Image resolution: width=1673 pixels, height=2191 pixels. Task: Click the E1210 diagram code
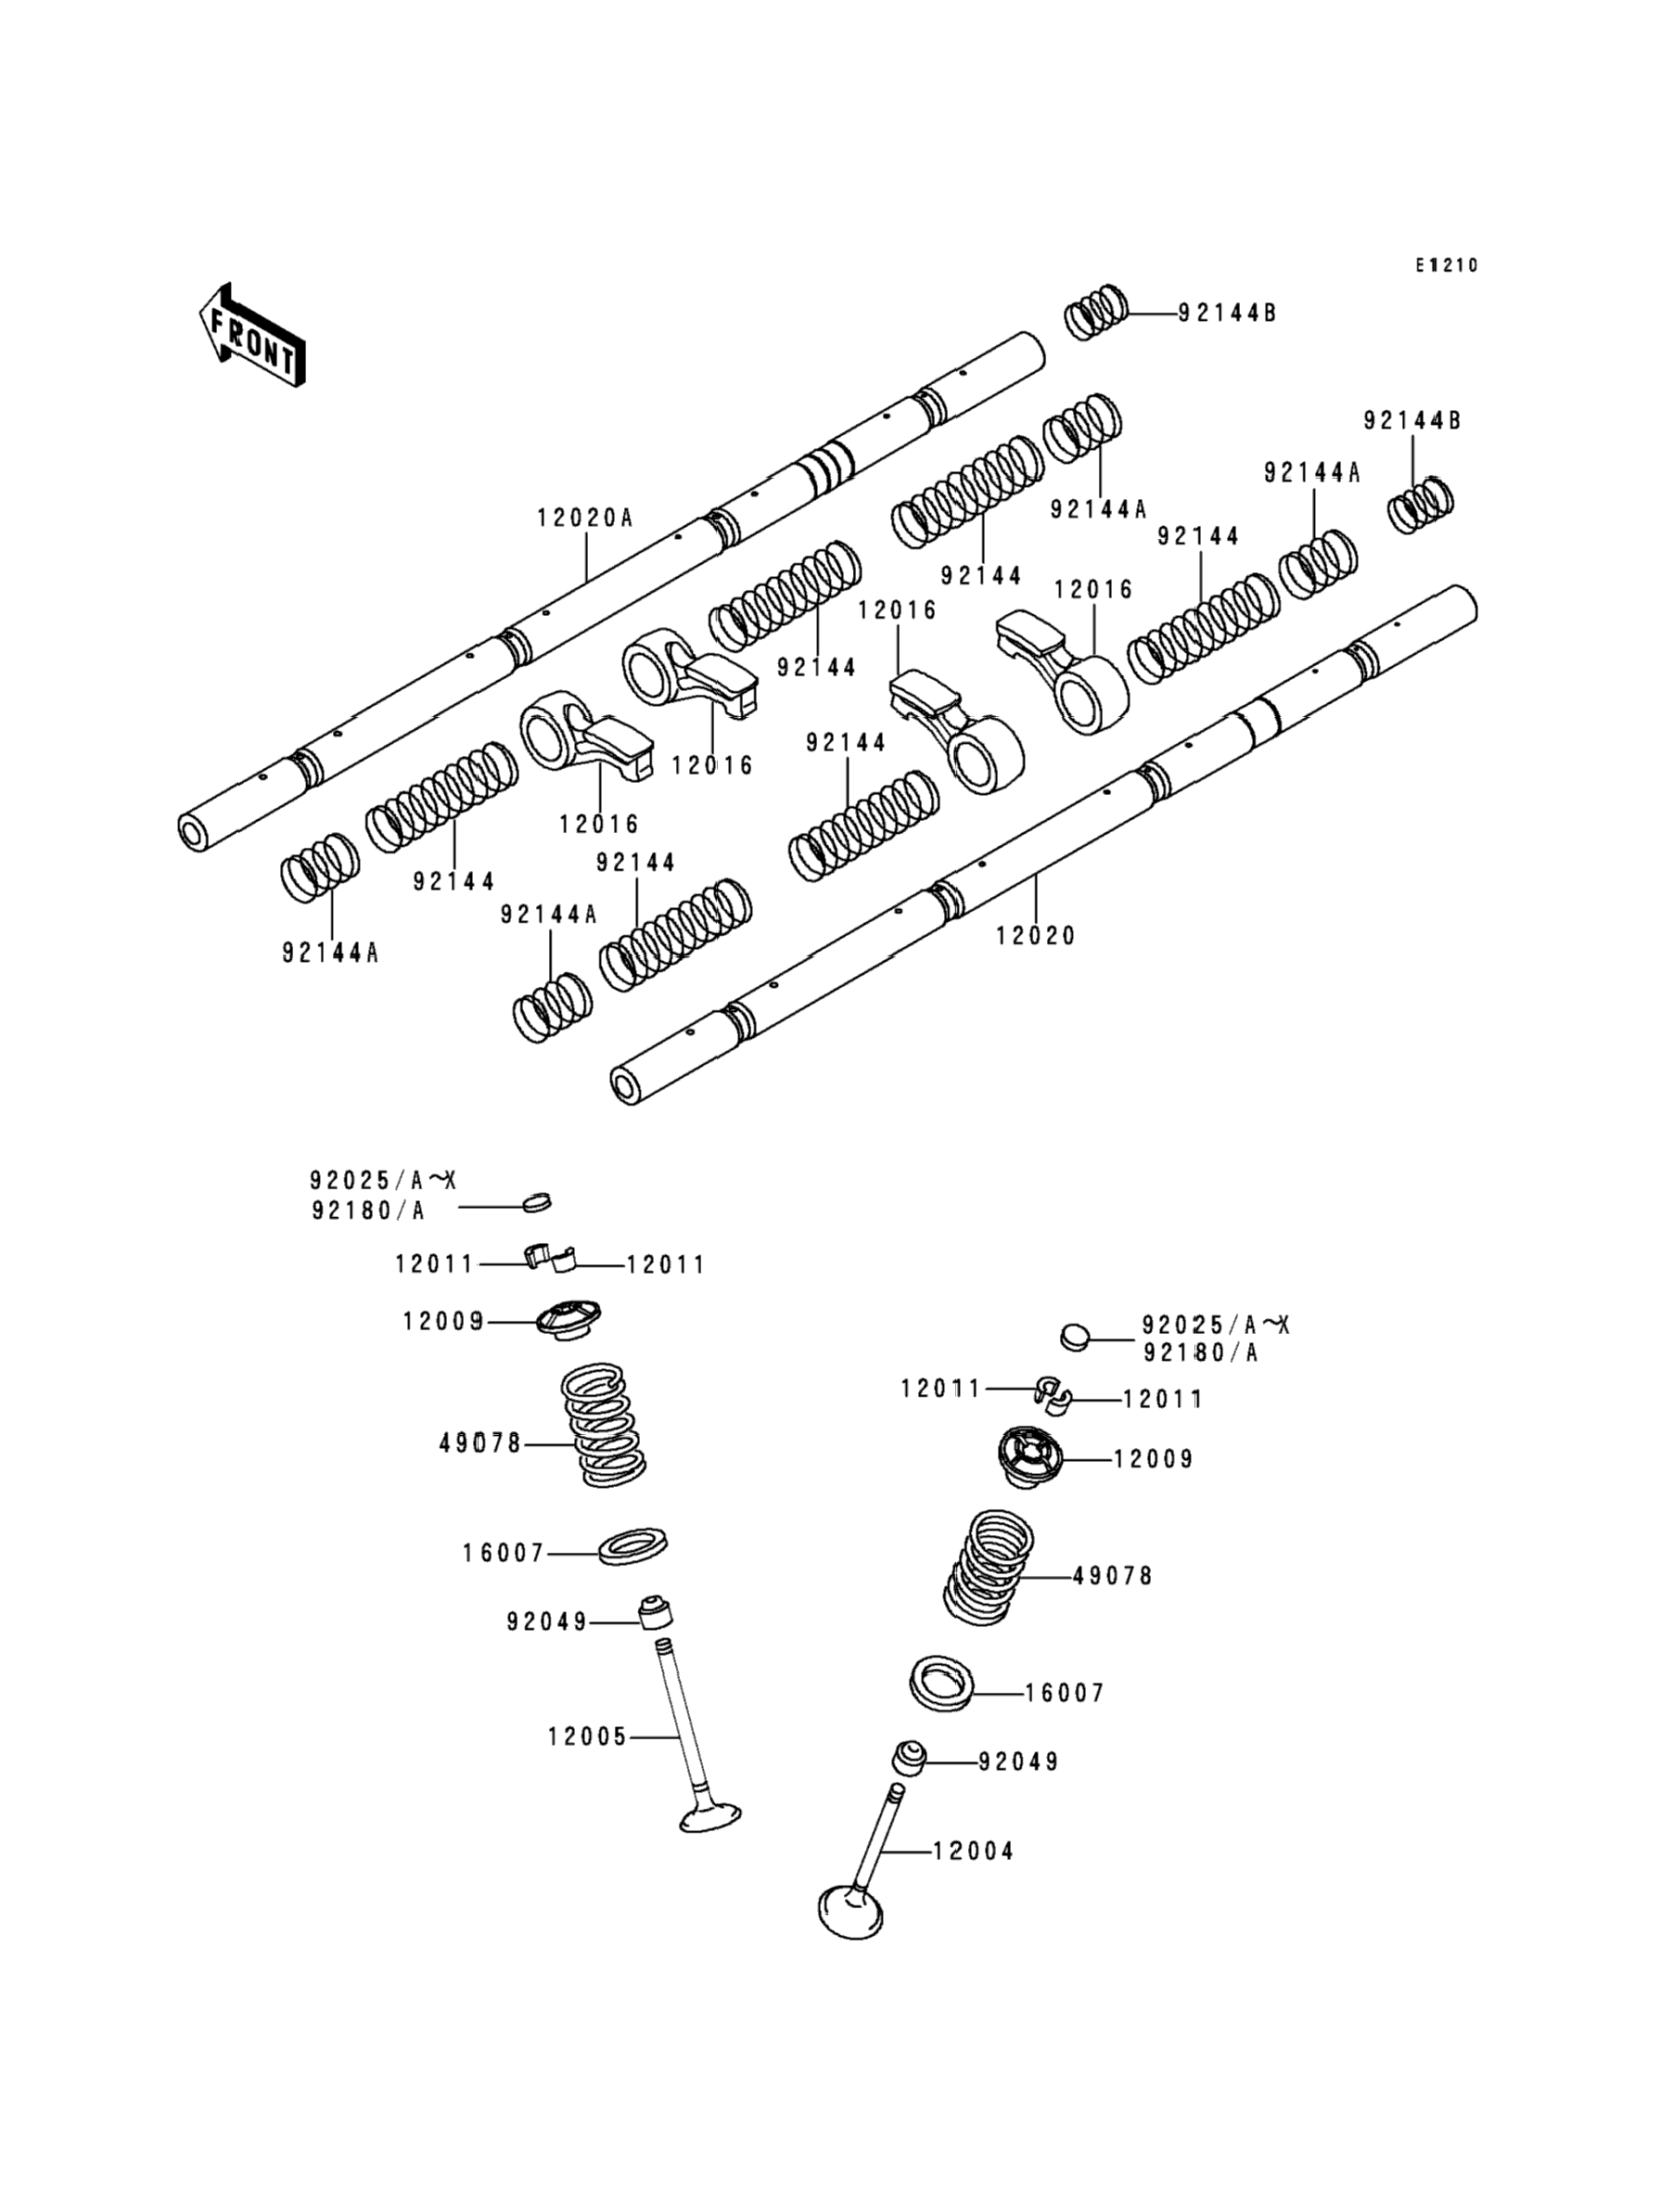(1448, 265)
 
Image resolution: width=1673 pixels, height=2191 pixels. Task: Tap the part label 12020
(1036, 935)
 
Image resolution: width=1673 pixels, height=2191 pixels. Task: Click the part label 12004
(973, 1851)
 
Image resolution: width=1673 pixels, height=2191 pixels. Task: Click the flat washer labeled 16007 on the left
(632, 1545)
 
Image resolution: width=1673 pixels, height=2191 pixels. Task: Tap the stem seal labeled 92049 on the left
(652, 1611)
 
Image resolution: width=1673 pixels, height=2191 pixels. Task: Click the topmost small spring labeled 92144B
(1096, 312)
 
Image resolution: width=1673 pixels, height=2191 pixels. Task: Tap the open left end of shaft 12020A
(193, 831)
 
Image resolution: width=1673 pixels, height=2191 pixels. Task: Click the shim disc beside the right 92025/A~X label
(1075, 1336)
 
